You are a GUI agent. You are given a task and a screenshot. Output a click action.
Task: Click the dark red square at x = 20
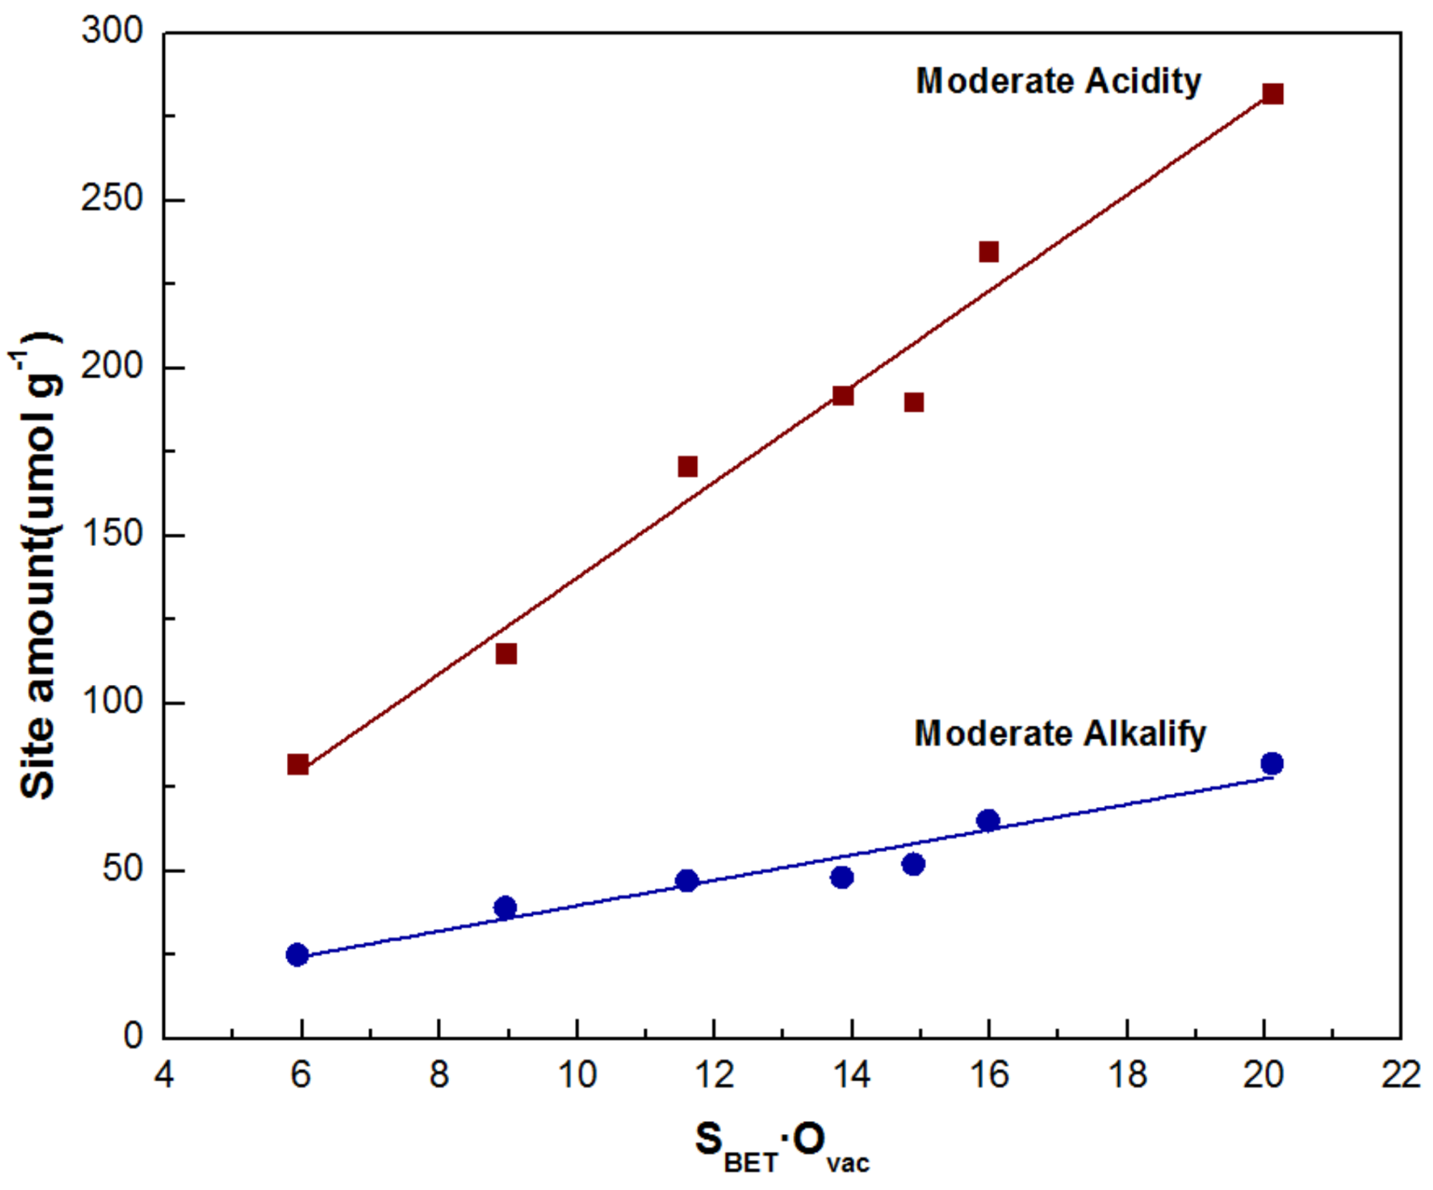(x=1272, y=94)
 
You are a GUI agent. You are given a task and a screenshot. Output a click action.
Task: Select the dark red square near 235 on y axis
(x=989, y=252)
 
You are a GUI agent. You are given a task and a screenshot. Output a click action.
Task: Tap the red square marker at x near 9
(x=506, y=653)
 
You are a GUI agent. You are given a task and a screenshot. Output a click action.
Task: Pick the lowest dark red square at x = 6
(x=298, y=765)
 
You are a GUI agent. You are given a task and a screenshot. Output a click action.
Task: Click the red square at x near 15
(x=914, y=402)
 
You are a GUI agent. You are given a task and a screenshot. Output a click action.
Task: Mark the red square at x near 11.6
(x=688, y=467)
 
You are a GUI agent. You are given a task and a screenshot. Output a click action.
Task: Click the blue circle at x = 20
(x=1272, y=764)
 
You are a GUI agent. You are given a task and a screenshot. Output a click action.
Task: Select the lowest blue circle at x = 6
(x=297, y=955)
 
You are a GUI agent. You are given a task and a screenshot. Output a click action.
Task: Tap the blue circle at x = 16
(x=988, y=820)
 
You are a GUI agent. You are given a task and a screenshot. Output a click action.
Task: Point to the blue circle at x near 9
(x=506, y=907)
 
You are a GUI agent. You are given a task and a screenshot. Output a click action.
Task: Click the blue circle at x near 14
(x=842, y=877)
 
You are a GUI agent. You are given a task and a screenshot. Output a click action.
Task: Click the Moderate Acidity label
(x=1058, y=81)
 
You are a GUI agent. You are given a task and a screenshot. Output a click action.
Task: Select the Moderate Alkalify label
(x=1060, y=734)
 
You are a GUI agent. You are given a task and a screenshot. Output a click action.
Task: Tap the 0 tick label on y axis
(x=133, y=1036)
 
